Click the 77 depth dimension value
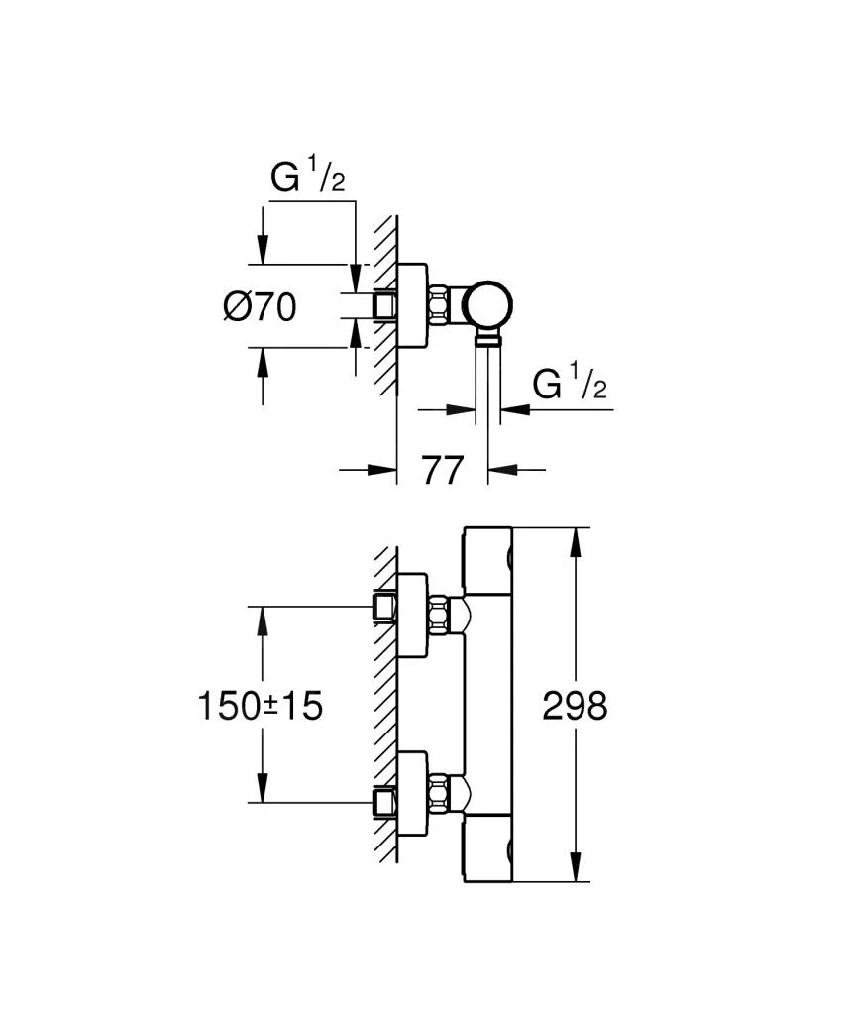(x=442, y=471)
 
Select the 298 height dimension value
(x=575, y=707)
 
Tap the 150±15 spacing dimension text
(x=261, y=707)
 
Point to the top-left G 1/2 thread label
(x=309, y=179)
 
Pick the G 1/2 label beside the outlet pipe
(x=569, y=384)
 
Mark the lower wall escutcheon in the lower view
(x=414, y=795)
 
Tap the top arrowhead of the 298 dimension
(x=576, y=540)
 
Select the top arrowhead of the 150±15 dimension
(x=262, y=617)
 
